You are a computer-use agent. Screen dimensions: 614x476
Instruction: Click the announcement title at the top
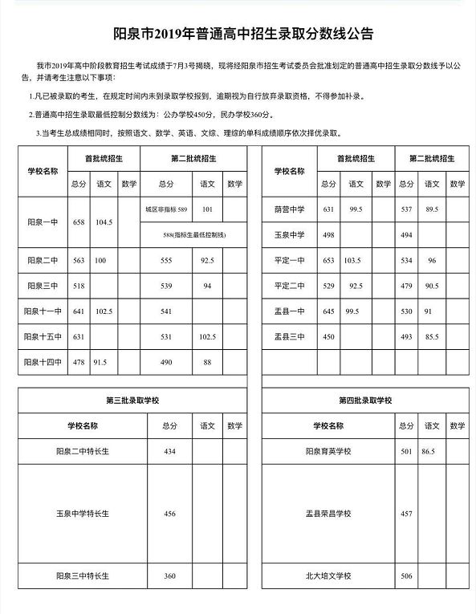[238, 35]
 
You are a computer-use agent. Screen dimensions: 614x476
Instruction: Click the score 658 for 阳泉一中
[78, 222]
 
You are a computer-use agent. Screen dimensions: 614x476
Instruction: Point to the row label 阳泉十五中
[43, 337]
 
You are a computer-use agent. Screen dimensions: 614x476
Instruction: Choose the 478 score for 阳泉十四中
[78, 361]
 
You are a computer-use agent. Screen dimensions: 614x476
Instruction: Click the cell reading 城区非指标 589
[166, 209]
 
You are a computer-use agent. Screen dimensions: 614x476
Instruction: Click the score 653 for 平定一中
[328, 262]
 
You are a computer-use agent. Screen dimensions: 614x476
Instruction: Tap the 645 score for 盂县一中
[328, 311]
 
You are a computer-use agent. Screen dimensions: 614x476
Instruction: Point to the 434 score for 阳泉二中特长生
[169, 452]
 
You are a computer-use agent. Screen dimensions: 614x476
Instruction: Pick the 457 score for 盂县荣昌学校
[406, 513]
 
